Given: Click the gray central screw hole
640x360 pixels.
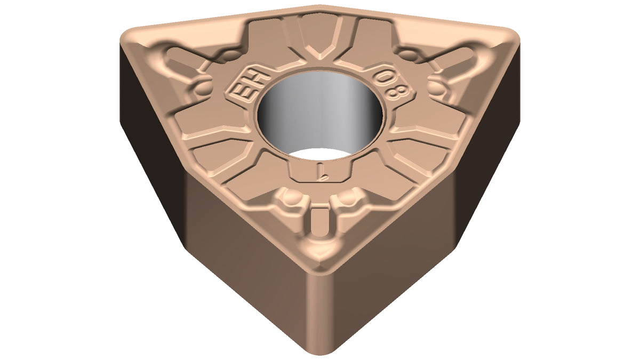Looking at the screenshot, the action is pyautogui.click(x=320, y=114).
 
